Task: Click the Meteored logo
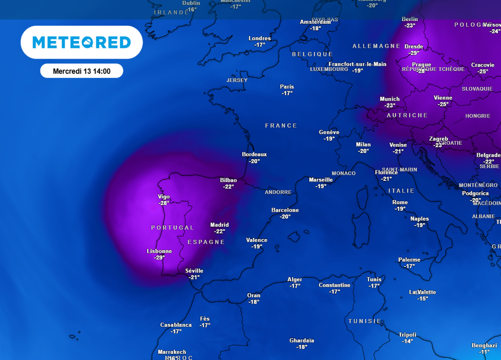82,43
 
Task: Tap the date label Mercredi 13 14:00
82,71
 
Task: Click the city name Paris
287,87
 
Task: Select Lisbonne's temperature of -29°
159,257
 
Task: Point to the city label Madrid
220,225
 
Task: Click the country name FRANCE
281,126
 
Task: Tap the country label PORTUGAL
172,228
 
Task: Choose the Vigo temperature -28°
164,203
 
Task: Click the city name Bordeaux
254,155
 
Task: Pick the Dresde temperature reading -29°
414,53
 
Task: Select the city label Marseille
321,180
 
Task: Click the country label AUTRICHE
407,115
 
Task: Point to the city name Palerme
409,260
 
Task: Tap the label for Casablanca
176,325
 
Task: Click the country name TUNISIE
364,321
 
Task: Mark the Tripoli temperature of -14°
408,341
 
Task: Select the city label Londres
260,39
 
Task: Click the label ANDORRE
278,192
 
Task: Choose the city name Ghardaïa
302,340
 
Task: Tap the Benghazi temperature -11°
484,352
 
